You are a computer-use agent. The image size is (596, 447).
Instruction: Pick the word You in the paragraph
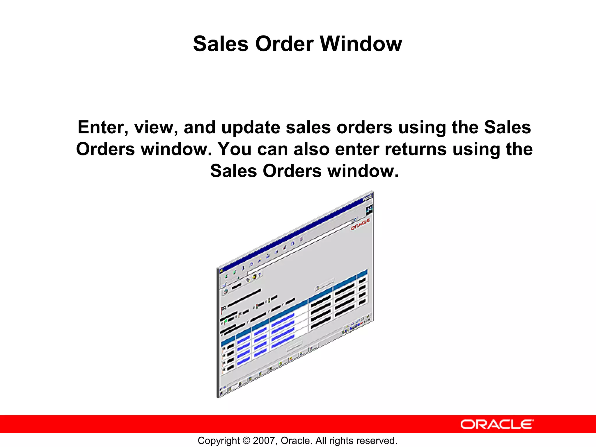click(235, 149)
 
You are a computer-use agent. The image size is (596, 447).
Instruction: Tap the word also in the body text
click(311, 149)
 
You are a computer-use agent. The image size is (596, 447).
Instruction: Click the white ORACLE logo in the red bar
click(497, 425)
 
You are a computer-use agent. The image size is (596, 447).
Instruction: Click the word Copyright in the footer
click(219, 441)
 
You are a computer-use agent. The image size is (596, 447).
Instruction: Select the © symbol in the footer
click(246, 441)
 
